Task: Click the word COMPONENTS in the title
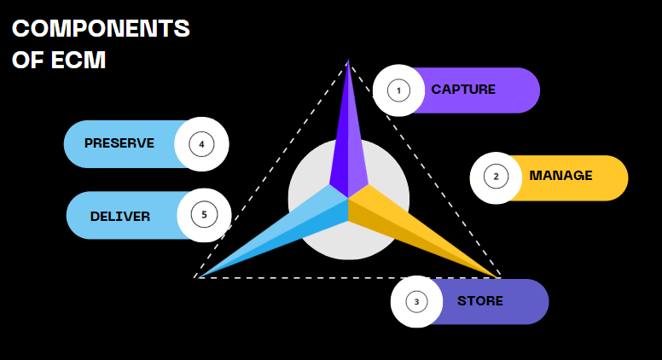(x=101, y=29)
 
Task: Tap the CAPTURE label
(x=463, y=90)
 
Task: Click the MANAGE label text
(x=560, y=176)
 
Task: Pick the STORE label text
(x=480, y=301)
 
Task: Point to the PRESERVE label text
(x=119, y=143)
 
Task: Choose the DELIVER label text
(x=120, y=217)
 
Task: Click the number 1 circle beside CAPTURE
(x=398, y=90)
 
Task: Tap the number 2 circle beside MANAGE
(x=496, y=177)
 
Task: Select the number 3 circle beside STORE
(x=416, y=301)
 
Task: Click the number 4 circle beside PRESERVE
(x=201, y=144)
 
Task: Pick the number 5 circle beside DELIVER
(x=205, y=214)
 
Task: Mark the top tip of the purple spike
(x=348, y=61)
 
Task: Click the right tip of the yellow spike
(x=498, y=276)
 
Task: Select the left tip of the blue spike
(x=199, y=276)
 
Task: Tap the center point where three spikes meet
(x=349, y=200)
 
